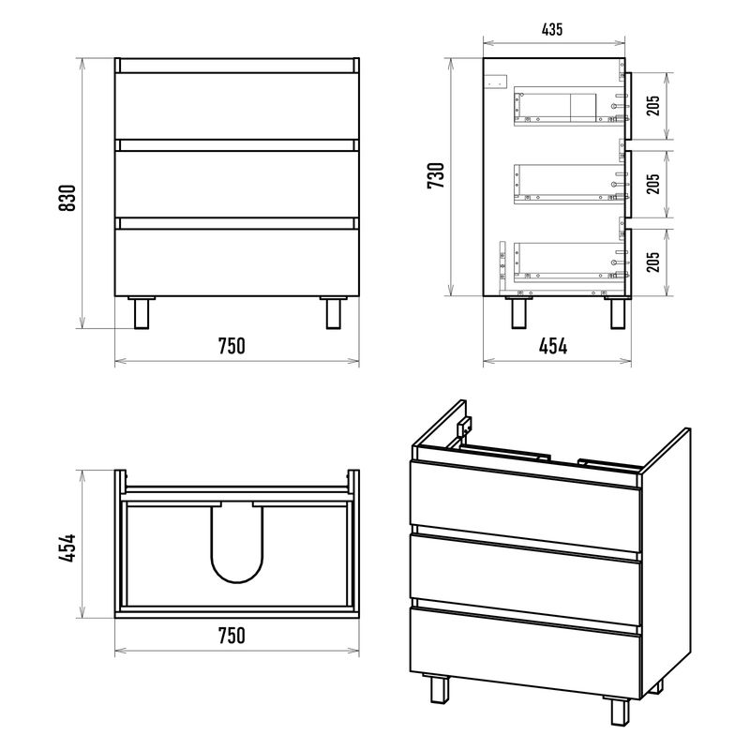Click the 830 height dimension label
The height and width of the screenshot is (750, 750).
coord(67,198)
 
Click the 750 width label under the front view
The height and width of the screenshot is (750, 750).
coord(232,346)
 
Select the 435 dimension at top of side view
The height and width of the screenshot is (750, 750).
coord(552,30)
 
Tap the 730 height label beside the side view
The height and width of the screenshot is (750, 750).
coord(436,175)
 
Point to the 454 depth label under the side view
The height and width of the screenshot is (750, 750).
coord(553,346)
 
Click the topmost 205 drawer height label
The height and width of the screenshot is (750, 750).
coord(652,106)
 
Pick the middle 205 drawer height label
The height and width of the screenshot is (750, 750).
coord(652,184)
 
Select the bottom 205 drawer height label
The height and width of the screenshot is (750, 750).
coord(652,262)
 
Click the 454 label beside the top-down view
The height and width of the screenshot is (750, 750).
coord(67,547)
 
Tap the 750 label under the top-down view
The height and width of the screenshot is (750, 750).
coord(232,636)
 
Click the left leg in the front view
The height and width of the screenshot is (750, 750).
coord(142,313)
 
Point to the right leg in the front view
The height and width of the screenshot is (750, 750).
coord(334,313)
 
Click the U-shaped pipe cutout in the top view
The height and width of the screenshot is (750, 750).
coord(237,545)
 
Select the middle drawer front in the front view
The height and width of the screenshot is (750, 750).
coord(237,184)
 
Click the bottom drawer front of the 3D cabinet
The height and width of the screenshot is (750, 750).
coord(525,652)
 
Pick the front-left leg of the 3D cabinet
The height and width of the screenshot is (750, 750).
coord(440,689)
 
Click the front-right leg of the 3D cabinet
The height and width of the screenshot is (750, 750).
coord(621,712)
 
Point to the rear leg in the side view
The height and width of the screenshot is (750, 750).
coord(519,313)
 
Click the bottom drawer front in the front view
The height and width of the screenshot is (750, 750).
coord(237,262)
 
